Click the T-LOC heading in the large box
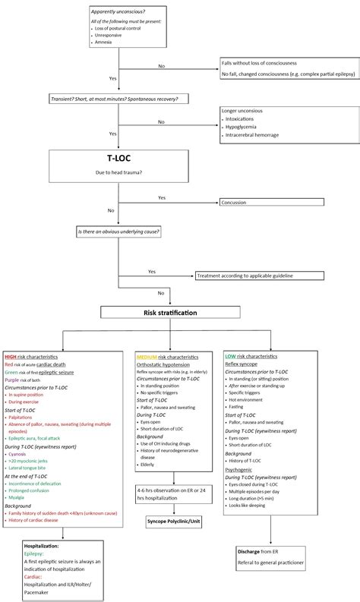[x=118, y=159]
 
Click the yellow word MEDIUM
[x=146, y=356]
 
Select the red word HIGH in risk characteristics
[x=11, y=356]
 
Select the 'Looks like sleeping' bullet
[x=252, y=504]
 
